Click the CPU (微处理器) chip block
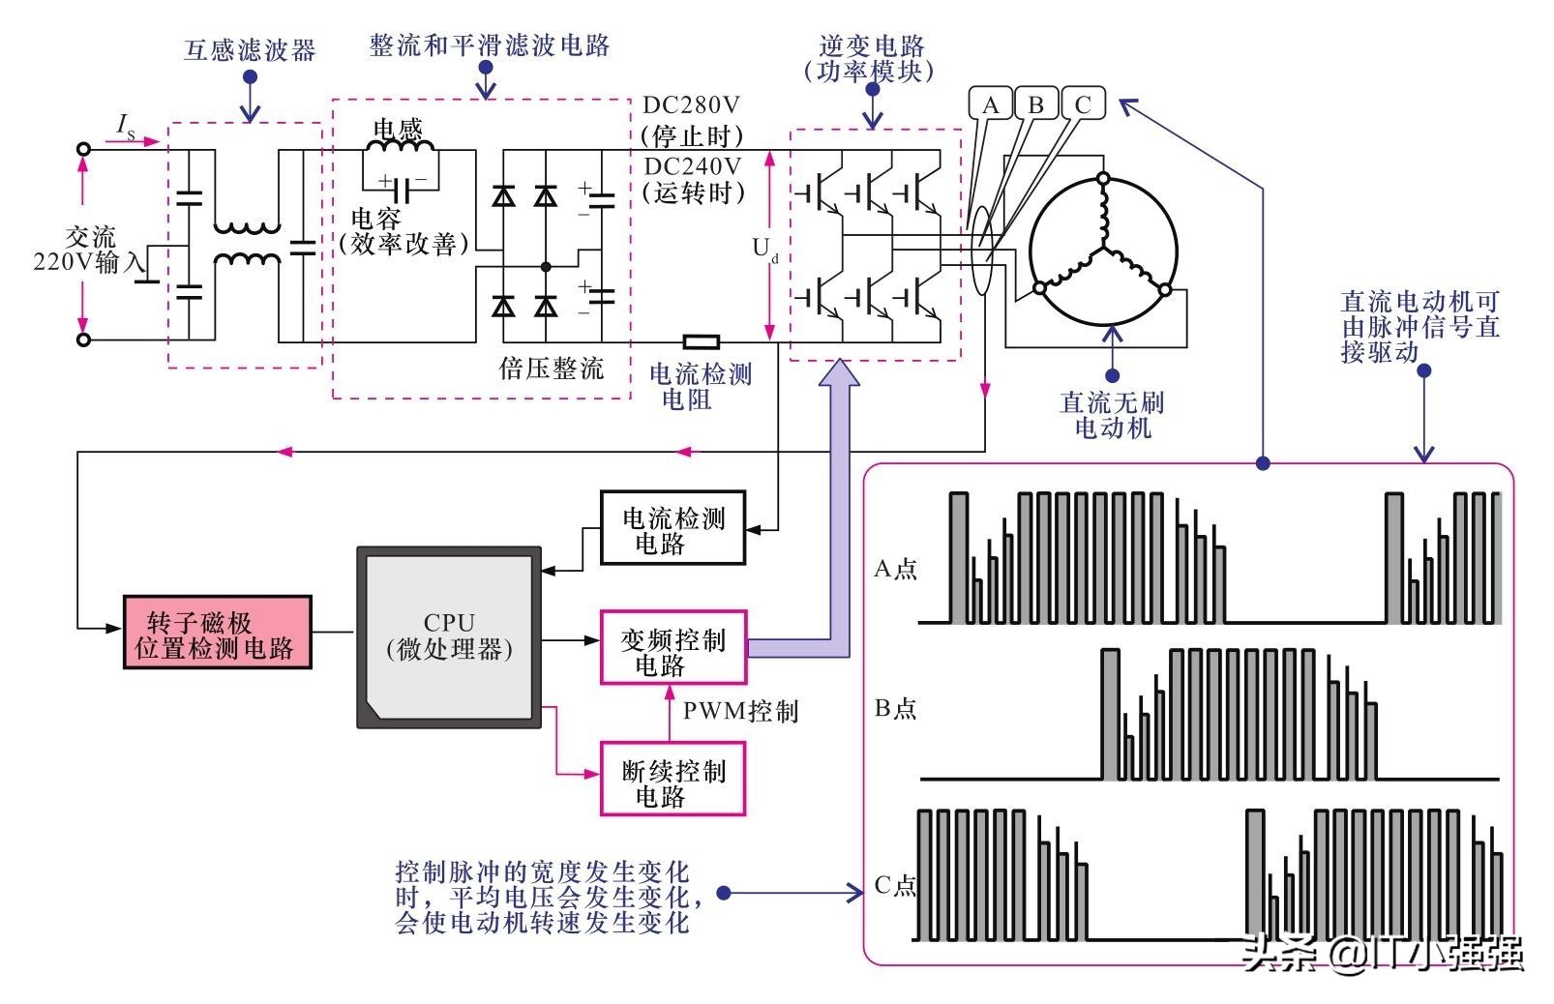[x=449, y=636]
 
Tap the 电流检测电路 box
[x=672, y=528]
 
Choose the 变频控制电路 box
[x=672, y=646]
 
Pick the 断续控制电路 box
[x=672, y=779]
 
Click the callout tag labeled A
[x=990, y=104]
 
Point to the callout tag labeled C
[x=1083, y=104]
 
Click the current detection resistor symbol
[x=701, y=341]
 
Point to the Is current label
[x=126, y=125]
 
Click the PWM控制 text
[x=740, y=711]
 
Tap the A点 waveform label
[x=895, y=569]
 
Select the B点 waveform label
[x=895, y=709]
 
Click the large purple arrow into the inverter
[x=839, y=484]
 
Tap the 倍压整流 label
[x=552, y=369]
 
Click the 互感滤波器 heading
[x=250, y=50]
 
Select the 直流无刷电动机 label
[x=1112, y=415]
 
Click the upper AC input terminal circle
[x=84, y=149]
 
